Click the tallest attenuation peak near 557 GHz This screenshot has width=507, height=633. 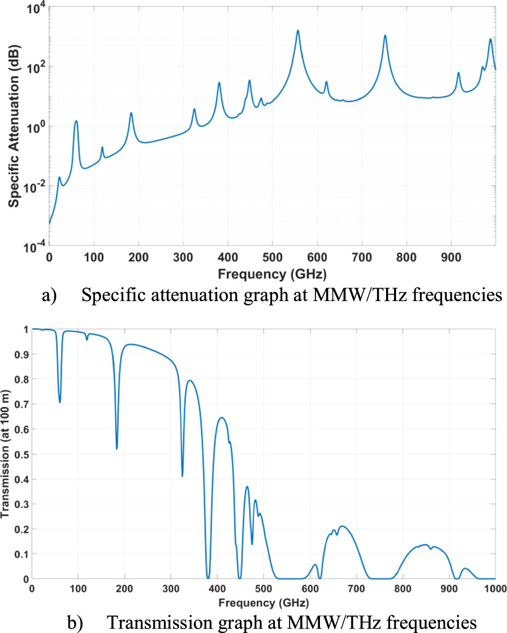point(298,31)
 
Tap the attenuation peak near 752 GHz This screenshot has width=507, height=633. point(385,35)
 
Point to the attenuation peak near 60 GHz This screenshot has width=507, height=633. point(76,121)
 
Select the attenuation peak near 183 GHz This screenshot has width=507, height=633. point(131,113)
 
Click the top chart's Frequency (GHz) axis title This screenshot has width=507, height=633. point(272,274)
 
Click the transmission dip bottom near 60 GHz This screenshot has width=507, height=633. point(60,402)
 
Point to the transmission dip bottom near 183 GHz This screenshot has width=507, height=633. point(117,448)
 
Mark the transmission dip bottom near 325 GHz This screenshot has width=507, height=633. point(182,476)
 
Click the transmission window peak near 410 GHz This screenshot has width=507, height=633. point(222,418)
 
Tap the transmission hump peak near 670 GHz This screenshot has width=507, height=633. point(342,526)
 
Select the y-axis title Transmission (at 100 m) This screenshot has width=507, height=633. point(5,454)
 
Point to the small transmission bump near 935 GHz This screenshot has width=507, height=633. point(465,568)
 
